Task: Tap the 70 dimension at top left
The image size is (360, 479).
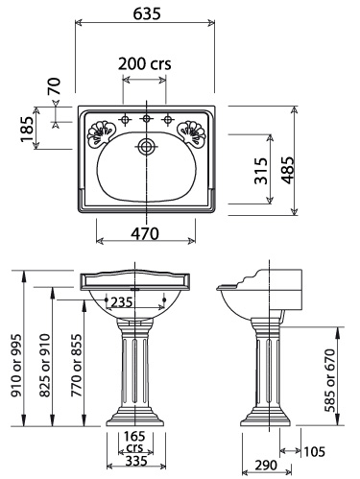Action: [x=54, y=86]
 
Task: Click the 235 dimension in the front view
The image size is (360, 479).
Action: [x=120, y=301]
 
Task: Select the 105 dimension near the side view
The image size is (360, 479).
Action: [x=318, y=451]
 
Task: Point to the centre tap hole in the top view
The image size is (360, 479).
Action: [x=146, y=120]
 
